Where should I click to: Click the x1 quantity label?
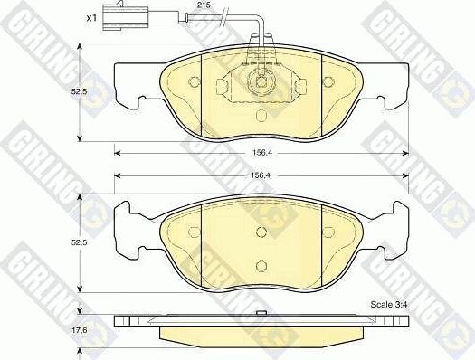(91, 17)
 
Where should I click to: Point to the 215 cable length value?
(203, 5)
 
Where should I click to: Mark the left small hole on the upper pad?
(195, 82)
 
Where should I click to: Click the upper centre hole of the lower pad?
(261, 231)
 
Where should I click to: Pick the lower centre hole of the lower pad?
(261, 264)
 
